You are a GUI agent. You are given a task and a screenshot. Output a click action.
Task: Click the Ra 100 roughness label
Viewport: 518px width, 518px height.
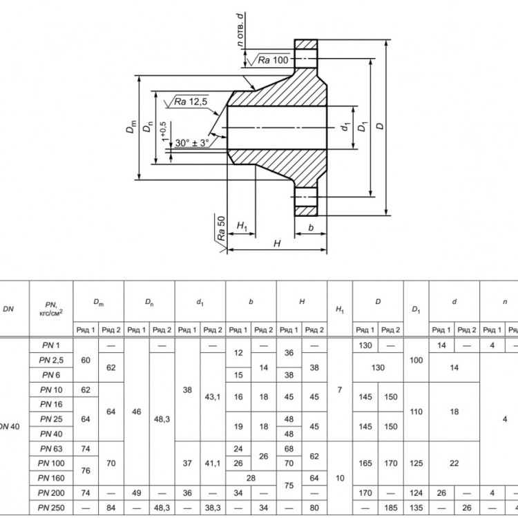point(273,60)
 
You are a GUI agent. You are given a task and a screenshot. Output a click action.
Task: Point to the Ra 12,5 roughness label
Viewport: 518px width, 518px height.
point(191,102)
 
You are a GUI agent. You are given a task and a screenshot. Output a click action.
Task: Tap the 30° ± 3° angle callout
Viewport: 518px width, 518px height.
point(192,143)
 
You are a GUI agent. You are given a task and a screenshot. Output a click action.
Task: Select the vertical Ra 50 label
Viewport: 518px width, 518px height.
point(221,228)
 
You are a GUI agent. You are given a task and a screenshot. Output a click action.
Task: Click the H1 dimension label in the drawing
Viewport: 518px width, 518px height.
point(242,227)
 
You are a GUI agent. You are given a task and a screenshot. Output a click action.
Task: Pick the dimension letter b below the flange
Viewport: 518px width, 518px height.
point(311,227)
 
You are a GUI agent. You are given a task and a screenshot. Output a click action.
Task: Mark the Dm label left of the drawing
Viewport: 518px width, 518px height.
point(131,126)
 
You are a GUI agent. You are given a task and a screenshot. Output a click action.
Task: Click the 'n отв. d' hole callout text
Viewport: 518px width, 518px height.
point(240,30)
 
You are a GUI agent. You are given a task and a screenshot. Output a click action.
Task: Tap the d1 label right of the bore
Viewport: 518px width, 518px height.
point(345,126)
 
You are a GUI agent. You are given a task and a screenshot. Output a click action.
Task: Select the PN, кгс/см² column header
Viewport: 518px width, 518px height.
point(51,309)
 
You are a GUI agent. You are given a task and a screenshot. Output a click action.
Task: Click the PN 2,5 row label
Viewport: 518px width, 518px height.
point(51,360)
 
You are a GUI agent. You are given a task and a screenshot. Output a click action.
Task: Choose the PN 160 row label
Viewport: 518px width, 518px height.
point(51,478)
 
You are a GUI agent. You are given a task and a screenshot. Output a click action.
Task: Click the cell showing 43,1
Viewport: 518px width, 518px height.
point(213,396)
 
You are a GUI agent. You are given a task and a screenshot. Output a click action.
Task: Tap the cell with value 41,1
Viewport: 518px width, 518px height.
point(213,463)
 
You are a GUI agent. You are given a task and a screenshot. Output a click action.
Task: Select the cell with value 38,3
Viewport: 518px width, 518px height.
point(213,508)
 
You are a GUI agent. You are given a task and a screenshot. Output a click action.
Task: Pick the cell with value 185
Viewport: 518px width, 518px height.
point(390,508)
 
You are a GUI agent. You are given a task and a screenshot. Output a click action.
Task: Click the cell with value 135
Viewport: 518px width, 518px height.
point(416,508)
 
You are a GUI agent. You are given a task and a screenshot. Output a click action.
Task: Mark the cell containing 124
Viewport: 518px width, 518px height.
point(416,493)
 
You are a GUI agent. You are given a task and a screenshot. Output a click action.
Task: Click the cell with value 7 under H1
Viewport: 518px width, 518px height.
point(340,390)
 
